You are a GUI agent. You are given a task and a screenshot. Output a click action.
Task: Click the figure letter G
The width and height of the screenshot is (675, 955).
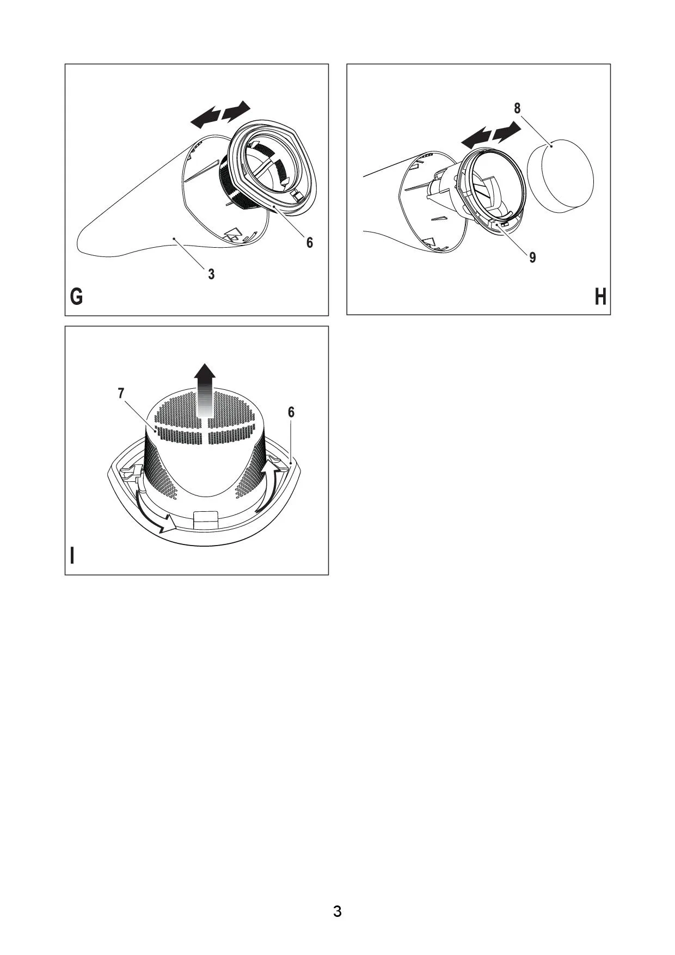[x=77, y=297]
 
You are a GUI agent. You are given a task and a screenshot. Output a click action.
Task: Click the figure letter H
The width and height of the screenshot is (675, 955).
[x=600, y=297]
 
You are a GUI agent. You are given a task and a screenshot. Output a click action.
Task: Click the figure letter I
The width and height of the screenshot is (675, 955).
[x=72, y=556]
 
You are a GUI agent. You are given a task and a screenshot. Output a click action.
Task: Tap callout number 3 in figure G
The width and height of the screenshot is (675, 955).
[x=211, y=274]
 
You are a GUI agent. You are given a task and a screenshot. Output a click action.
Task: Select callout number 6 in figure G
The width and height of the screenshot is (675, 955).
[x=310, y=242]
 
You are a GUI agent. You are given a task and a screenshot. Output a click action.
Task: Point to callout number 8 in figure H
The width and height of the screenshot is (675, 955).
[x=517, y=108]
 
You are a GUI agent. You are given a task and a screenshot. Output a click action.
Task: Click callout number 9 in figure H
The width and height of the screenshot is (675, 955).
[x=532, y=257]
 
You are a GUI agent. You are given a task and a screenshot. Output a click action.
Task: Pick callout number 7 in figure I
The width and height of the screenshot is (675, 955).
[x=121, y=393]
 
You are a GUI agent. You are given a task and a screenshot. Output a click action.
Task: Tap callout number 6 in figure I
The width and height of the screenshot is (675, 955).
[x=291, y=412]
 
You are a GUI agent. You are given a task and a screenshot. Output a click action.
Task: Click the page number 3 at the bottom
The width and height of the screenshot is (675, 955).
[x=337, y=911]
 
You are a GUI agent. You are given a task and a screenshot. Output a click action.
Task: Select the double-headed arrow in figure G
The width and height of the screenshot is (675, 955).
[x=220, y=115]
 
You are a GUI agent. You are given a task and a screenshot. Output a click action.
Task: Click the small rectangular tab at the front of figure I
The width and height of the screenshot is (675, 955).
[x=206, y=519]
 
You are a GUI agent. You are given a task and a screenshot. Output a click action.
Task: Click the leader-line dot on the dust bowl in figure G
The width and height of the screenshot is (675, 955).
[x=174, y=238]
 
